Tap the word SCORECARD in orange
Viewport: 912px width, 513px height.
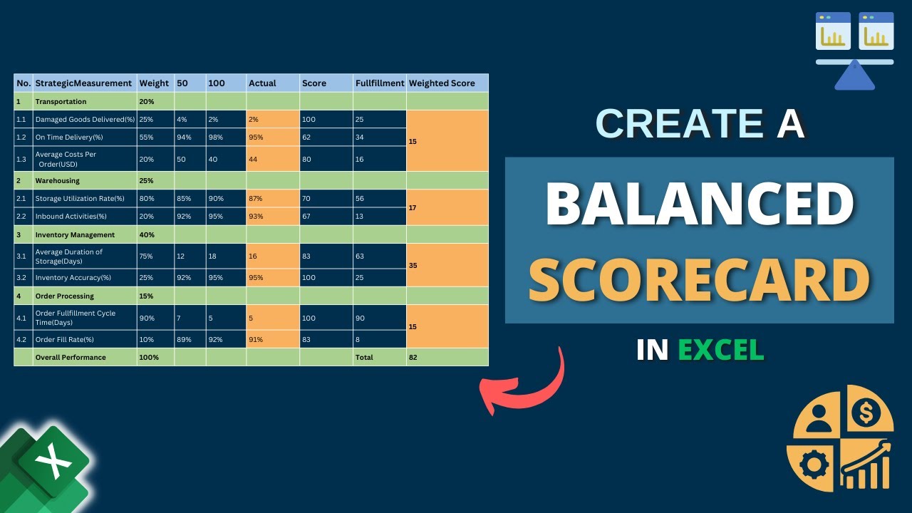[x=699, y=280]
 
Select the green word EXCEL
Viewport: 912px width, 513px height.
[x=720, y=350]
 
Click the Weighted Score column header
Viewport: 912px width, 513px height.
[x=442, y=83]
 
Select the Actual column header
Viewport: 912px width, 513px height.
[x=262, y=83]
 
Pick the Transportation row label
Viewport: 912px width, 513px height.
[x=61, y=102]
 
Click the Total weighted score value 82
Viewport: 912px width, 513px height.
[x=413, y=358]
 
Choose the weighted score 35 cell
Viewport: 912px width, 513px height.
[x=413, y=265]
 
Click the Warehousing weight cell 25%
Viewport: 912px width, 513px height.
[x=146, y=181]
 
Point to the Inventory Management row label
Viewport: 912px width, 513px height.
[x=75, y=235]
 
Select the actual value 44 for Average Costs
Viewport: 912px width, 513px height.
[x=253, y=160]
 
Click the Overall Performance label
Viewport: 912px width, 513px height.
[x=71, y=358]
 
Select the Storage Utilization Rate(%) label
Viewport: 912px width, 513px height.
[x=80, y=199]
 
